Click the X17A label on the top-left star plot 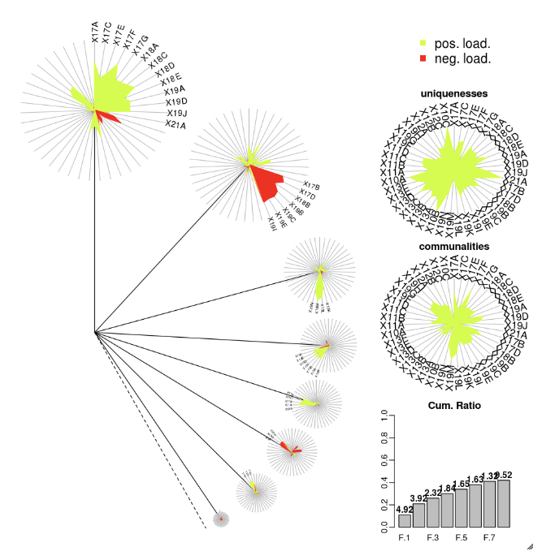(95, 32)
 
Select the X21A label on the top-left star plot (176, 125)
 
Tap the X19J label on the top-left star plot (176, 114)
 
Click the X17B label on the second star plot (312, 186)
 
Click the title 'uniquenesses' (453, 95)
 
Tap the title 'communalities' (453, 246)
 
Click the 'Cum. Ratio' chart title (453, 405)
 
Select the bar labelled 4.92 (405, 520)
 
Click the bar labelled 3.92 (419, 515)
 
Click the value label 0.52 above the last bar (505, 475)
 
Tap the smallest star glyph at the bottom (219, 518)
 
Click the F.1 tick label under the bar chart (405, 537)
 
